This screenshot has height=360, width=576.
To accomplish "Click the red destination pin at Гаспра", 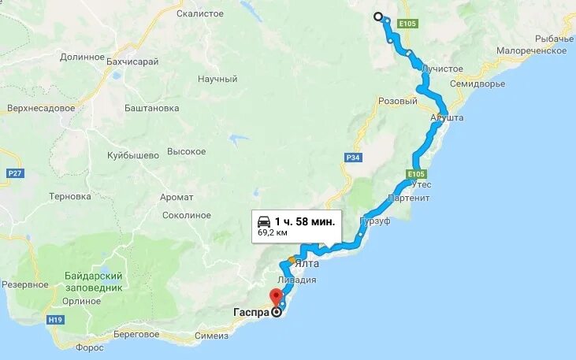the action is pyautogui.click(x=275, y=297).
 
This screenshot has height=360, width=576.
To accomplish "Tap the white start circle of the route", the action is pyautogui.click(x=377, y=17).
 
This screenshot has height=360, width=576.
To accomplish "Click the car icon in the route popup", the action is pyautogui.click(x=264, y=221).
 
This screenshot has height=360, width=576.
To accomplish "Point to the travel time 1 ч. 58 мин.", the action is pyautogui.click(x=305, y=221).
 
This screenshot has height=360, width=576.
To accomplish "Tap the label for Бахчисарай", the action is pyautogui.click(x=132, y=61).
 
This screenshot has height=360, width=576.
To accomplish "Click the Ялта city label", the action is pyautogui.click(x=308, y=264).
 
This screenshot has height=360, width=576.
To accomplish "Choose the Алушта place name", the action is pyautogui.click(x=447, y=117).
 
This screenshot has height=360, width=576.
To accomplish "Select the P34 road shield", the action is pyautogui.click(x=352, y=158).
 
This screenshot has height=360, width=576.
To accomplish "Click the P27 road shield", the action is pyautogui.click(x=13, y=172).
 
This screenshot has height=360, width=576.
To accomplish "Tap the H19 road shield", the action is pyautogui.click(x=55, y=319).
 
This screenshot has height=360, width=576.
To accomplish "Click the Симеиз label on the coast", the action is pyautogui.click(x=212, y=336).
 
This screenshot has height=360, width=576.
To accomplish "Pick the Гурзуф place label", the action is pyautogui.click(x=375, y=221).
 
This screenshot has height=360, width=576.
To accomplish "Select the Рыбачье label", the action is pyautogui.click(x=554, y=39).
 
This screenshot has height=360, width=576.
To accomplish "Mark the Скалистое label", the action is pyautogui.click(x=200, y=13).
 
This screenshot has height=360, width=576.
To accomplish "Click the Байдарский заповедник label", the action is pyautogui.click(x=94, y=282).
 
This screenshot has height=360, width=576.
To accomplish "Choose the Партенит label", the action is pyautogui.click(x=409, y=198).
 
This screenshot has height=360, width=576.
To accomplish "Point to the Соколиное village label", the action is pyautogui.click(x=186, y=215).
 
